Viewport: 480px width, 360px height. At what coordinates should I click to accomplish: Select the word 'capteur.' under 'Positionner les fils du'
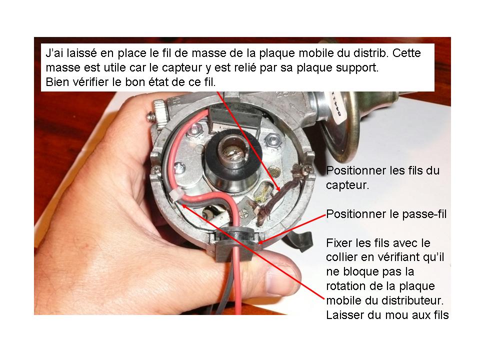pyautogui.click(x=347, y=185)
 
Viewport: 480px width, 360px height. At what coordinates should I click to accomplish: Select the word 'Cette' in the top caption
pyautogui.click(x=406, y=53)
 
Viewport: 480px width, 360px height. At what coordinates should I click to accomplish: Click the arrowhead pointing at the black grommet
pyautogui.click(x=260, y=242)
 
